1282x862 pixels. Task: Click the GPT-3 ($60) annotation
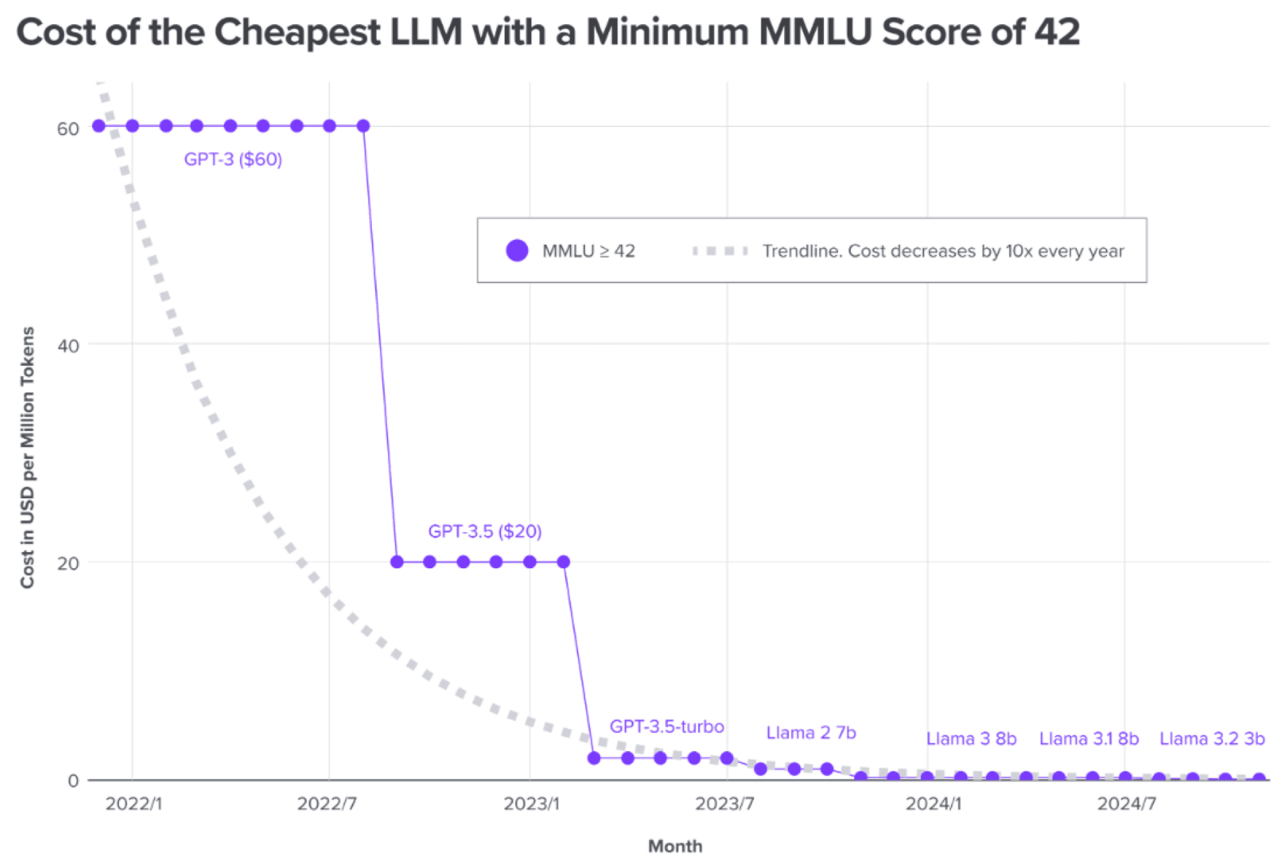(233, 159)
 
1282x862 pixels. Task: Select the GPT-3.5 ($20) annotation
(484, 531)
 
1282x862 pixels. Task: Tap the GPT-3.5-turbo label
(666, 727)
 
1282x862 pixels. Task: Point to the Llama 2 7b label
(810, 733)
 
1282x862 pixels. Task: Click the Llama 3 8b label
(971, 739)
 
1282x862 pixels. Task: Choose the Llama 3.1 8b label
(1088, 739)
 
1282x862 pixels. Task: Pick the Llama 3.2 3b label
(1211, 739)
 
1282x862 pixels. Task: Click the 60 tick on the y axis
(68, 128)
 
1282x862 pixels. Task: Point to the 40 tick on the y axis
(68, 346)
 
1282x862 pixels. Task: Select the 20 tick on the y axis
(68, 563)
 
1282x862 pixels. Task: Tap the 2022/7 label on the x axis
(327, 804)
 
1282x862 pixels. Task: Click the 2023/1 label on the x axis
(531, 804)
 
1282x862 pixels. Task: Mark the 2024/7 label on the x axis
(1126, 804)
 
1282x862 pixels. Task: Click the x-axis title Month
(675, 846)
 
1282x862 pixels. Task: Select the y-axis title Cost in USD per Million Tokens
(27, 457)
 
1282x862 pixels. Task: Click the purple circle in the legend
(517, 251)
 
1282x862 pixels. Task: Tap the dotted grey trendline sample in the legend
(720, 251)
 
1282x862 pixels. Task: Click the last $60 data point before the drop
(363, 126)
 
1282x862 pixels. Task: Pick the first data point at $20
(397, 561)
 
